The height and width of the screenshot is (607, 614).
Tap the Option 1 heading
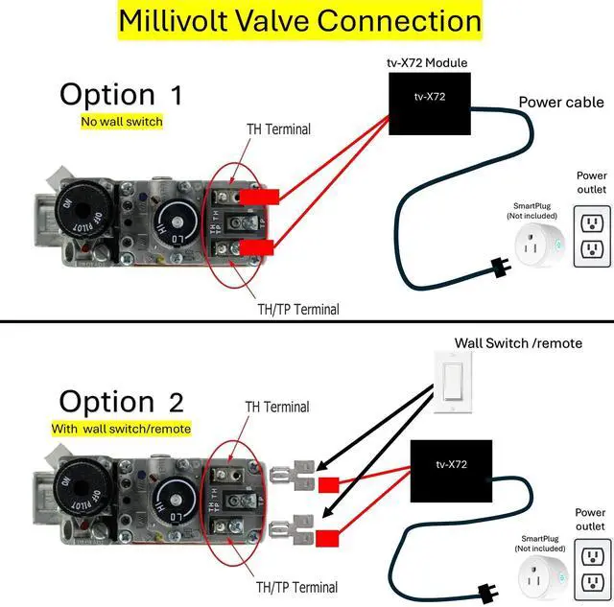(x=120, y=94)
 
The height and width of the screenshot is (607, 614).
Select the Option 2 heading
(x=121, y=400)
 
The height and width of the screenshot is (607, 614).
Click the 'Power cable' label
(x=561, y=103)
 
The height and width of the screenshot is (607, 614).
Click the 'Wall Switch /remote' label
(x=518, y=342)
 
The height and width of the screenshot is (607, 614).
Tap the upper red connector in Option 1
(x=259, y=197)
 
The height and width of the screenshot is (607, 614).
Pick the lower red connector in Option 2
(x=328, y=537)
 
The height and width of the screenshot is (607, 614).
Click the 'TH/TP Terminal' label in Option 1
(x=296, y=309)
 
